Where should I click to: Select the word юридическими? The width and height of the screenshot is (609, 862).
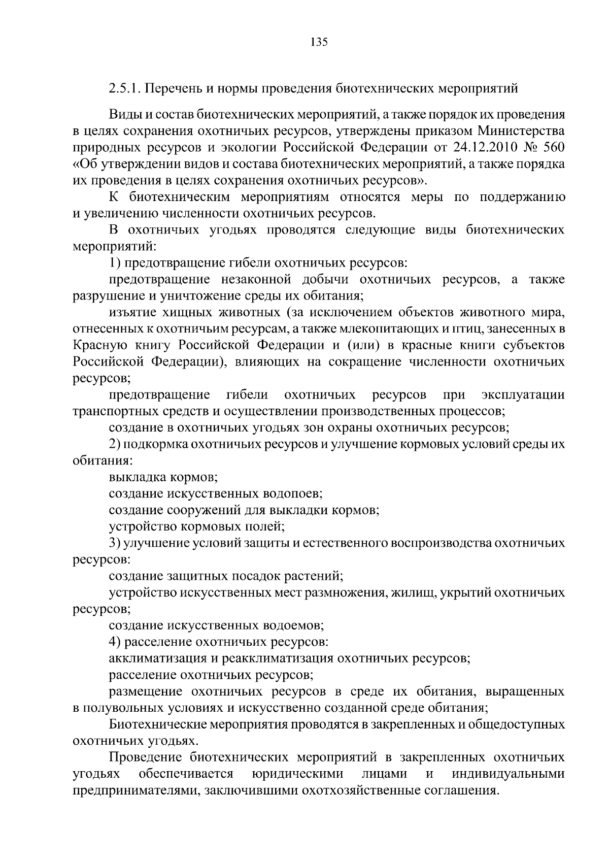pos(297,773)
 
